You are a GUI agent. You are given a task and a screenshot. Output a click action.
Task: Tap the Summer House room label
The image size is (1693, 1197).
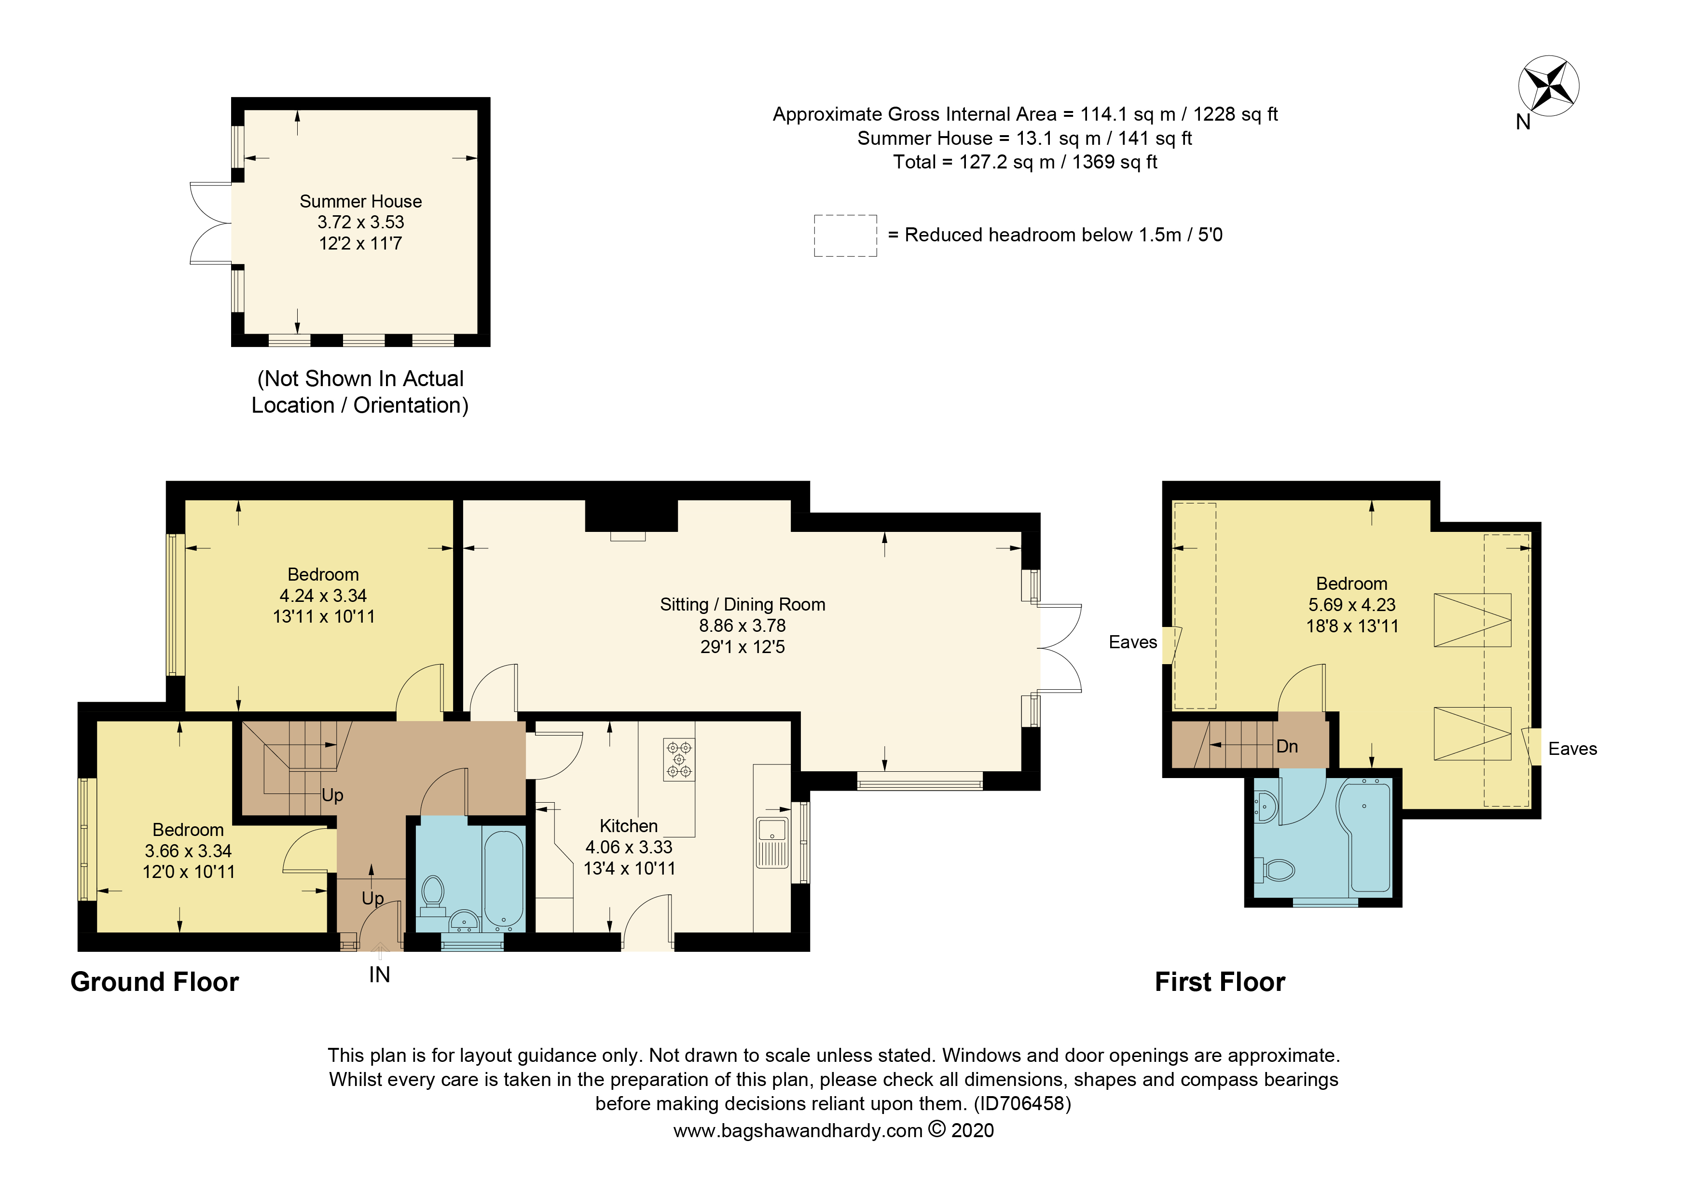[x=360, y=201]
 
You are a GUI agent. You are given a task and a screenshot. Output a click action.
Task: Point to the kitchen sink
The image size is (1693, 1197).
[x=772, y=841]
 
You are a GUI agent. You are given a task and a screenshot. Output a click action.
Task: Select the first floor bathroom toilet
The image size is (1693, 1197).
[x=1276, y=870]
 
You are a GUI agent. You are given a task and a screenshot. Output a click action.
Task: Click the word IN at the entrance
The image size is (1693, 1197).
[x=379, y=975]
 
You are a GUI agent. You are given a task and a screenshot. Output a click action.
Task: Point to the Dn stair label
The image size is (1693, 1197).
[x=1287, y=746]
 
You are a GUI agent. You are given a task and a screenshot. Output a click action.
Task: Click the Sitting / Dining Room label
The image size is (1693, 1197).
[x=743, y=605]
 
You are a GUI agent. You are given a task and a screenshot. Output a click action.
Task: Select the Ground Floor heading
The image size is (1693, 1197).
[x=155, y=982]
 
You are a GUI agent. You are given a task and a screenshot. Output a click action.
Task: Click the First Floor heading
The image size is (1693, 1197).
[x=1220, y=982]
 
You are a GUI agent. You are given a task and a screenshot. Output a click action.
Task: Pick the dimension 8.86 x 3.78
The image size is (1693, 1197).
[x=743, y=626]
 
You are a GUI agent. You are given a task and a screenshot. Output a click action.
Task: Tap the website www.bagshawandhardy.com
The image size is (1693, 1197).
[x=798, y=1130]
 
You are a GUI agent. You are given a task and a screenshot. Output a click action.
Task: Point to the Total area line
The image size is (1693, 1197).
[x=1025, y=162]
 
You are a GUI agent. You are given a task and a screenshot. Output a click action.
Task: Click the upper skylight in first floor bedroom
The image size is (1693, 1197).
[x=1472, y=620]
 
